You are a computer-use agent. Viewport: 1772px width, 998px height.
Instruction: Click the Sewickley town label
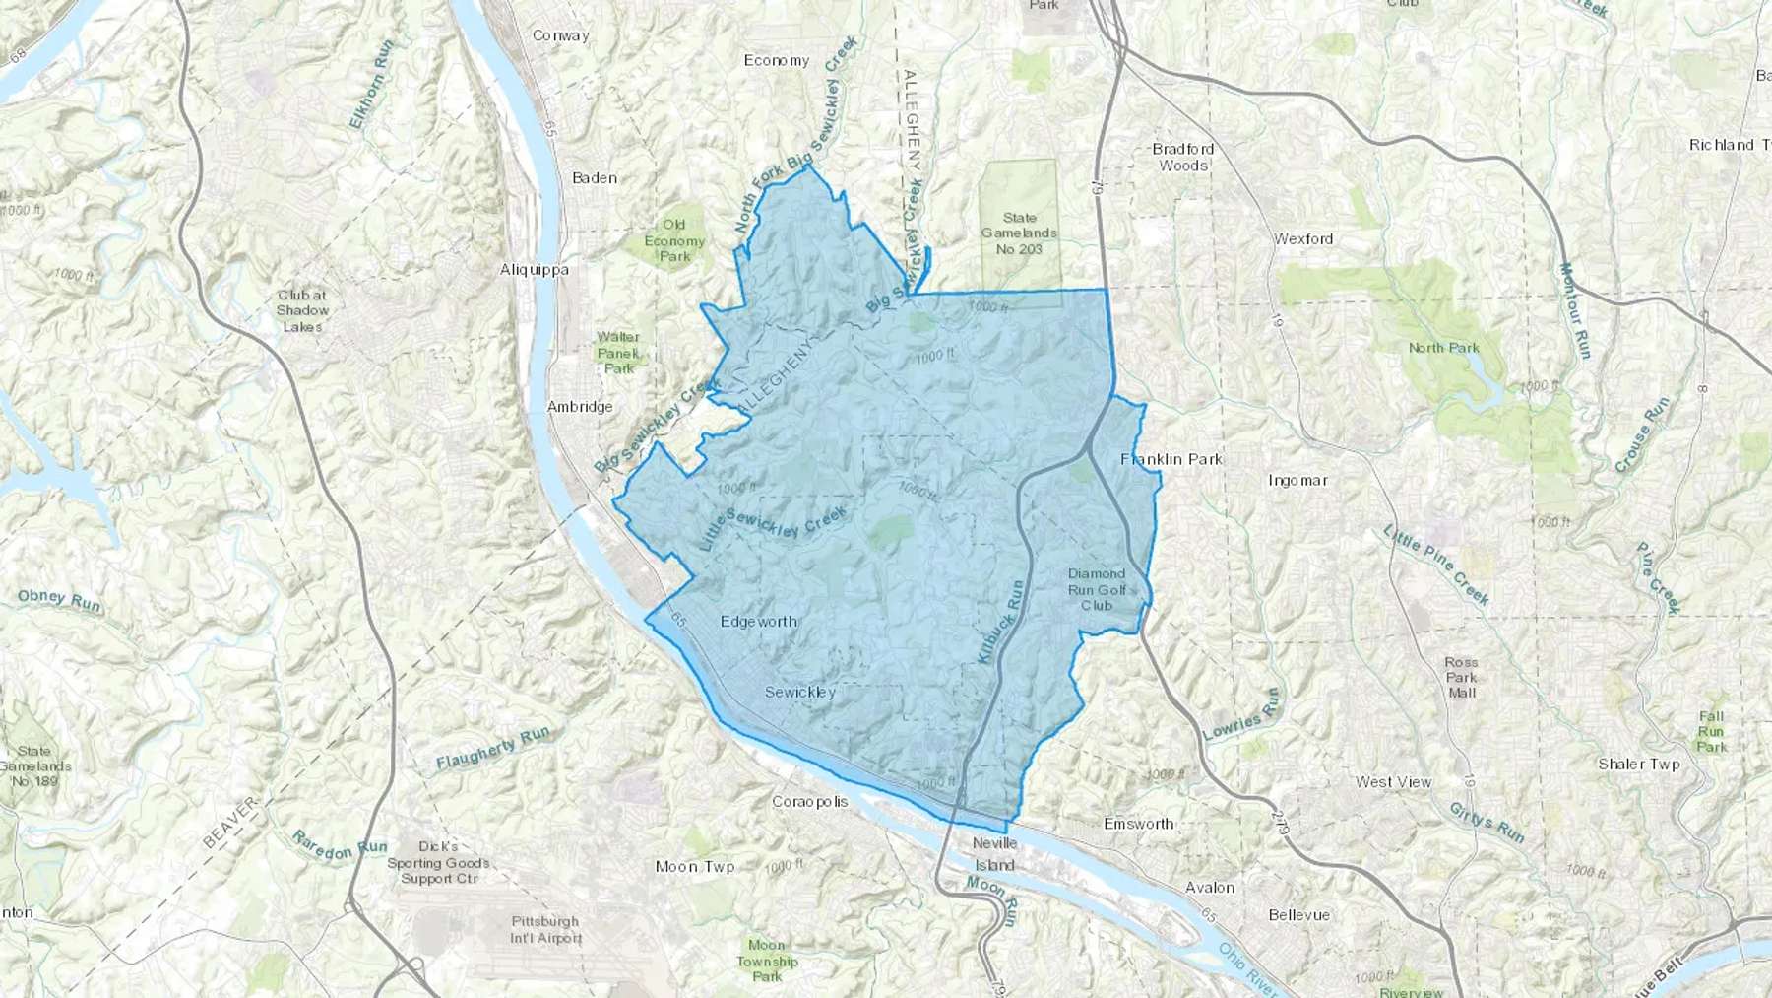[x=799, y=692]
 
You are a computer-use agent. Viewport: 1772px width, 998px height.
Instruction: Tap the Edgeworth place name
[x=758, y=621]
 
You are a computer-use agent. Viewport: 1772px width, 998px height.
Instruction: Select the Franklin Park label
[x=1171, y=459]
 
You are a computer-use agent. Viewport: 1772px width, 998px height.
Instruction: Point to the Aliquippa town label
[x=534, y=269]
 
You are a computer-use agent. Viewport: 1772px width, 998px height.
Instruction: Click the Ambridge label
[x=580, y=406]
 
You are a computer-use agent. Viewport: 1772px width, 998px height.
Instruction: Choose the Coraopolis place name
[x=809, y=801]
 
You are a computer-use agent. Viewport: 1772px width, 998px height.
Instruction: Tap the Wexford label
[x=1303, y=238]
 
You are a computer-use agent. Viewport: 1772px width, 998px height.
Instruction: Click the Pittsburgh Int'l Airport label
[x=545, y=929]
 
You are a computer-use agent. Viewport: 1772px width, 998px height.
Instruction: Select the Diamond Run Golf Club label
[x=1096, y=589]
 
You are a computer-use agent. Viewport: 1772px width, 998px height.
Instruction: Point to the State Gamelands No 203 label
[x=1019, y=233]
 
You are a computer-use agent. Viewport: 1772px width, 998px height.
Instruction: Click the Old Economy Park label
[x=674, y=240]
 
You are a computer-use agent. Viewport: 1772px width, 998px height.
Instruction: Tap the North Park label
[x=1443, y=347]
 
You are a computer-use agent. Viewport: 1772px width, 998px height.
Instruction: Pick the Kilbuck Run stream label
[x=1001, y=622]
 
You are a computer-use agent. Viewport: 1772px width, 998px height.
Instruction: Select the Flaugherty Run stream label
[x=492, y=749]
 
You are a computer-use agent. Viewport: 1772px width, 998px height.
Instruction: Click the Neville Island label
[x=994, y=854]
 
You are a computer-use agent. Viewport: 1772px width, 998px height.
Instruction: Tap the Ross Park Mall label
[x=1462, y=677]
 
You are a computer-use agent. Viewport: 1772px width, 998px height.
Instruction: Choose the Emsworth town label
[x=1138, y=823]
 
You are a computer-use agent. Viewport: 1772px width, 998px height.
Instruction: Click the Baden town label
[x=595, y=178]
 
